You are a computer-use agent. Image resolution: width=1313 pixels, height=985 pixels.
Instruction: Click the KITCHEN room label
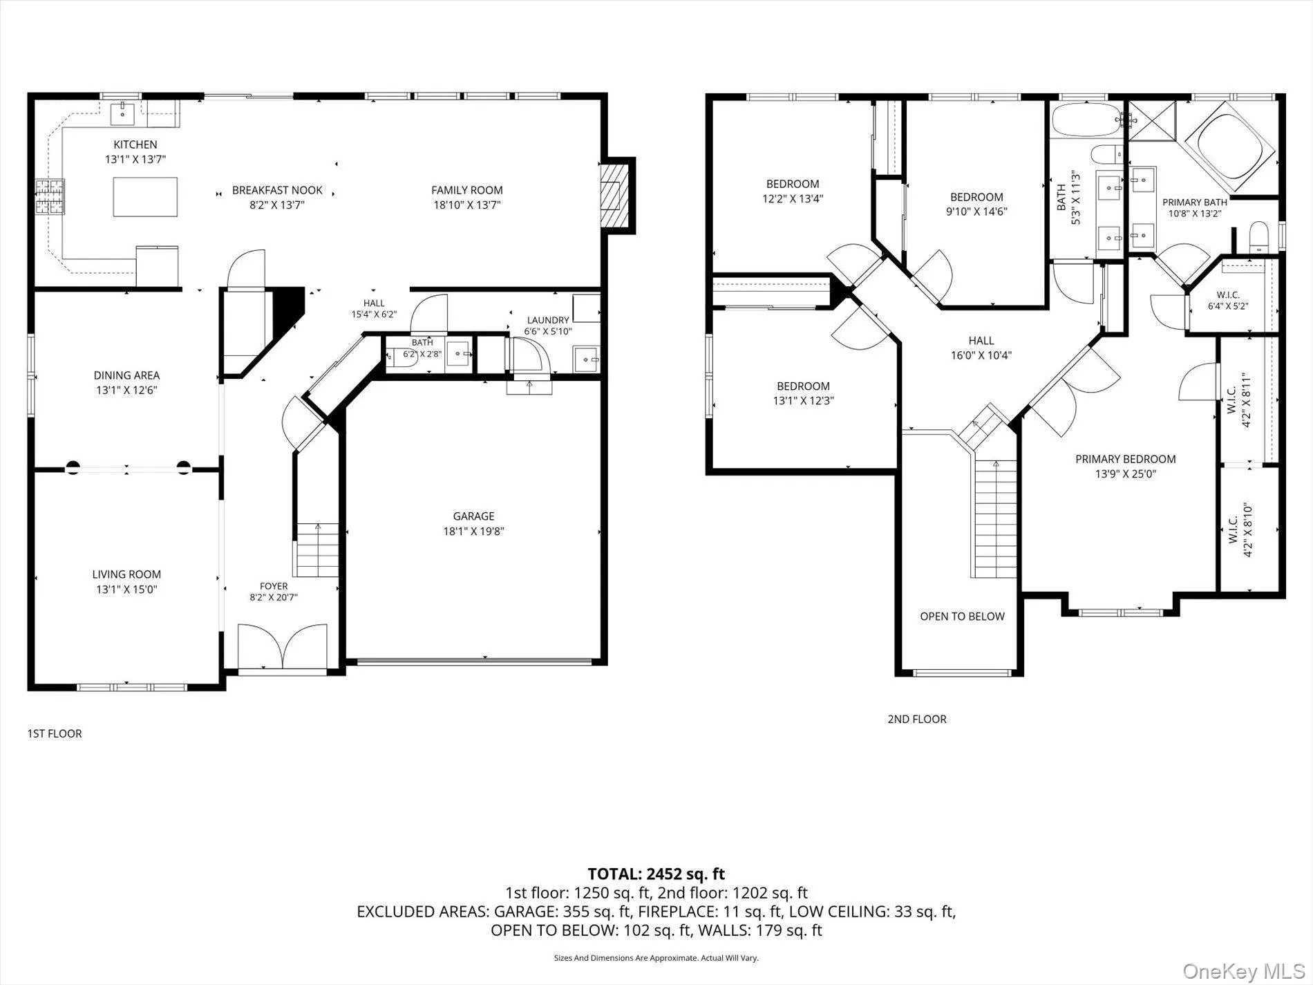(135, 144)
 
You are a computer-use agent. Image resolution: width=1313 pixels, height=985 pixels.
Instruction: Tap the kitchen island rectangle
(145, 197)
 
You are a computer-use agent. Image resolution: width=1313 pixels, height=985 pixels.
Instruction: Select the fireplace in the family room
(616, 196)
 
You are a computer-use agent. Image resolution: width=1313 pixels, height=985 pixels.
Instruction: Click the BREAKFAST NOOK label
(277, 190)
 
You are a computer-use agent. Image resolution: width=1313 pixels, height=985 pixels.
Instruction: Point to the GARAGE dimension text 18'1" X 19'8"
(473, 532)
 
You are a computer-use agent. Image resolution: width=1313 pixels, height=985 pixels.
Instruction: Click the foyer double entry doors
(282, 646)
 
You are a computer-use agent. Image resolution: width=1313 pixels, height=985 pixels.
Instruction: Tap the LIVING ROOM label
(126, 574)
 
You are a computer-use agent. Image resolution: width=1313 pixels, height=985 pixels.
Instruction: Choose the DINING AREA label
(126, 375)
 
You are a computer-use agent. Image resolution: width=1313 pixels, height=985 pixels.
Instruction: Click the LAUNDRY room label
(548, 320)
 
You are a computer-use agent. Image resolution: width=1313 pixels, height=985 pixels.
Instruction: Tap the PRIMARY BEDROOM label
(1125, 459)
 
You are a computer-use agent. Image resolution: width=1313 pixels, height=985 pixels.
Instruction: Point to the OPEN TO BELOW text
(962, 617)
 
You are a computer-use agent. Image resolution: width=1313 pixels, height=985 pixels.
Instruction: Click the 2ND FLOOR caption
(917, 719)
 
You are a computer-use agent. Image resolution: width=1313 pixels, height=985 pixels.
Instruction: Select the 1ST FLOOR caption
(55, 733)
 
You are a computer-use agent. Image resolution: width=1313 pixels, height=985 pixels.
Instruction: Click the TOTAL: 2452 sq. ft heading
(656, 874)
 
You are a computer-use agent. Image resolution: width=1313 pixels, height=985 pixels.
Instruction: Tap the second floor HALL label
(981, 341)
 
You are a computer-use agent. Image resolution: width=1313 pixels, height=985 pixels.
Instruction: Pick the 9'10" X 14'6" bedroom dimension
(976, 212)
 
